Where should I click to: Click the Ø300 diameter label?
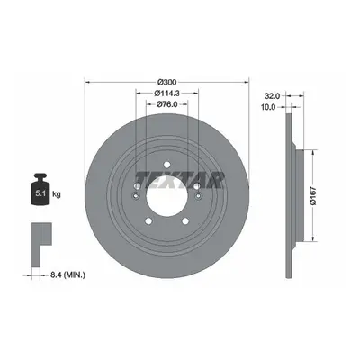point(167,82)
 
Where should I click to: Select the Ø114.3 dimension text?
point(167,94)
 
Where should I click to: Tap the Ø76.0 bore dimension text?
point(167,104)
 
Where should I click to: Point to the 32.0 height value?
point(273,96)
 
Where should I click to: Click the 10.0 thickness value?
point(268,107)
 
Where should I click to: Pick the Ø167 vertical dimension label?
point(313,196)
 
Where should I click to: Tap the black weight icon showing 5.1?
point(40,189)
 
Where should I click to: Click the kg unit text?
point(57,194)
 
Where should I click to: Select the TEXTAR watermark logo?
point(180,180)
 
